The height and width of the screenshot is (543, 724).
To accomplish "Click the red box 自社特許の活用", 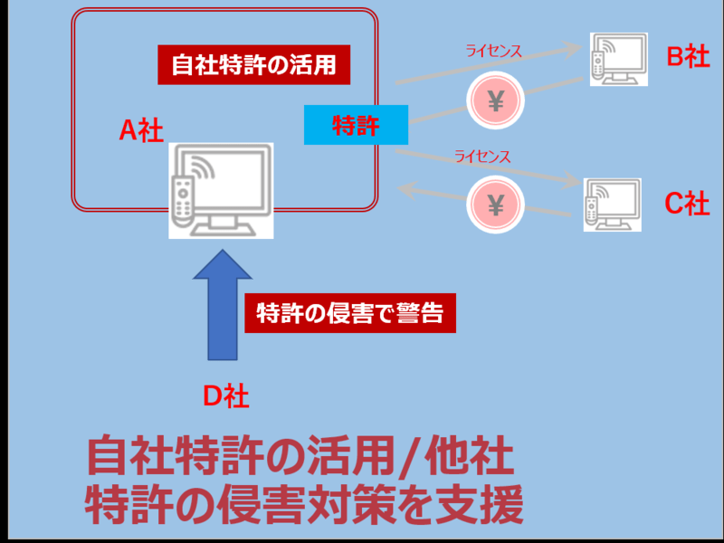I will pos(253,65).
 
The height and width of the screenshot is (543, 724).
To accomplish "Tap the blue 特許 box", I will pos(356,125).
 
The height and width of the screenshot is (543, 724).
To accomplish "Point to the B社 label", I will pos(688,57).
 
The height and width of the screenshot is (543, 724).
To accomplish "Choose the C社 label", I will pos(687,204).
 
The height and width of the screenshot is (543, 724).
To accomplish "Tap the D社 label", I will pos(224,395).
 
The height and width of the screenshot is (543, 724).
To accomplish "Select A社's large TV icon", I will pos(221,190).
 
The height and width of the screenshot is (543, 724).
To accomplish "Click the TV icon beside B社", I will pos(618,60).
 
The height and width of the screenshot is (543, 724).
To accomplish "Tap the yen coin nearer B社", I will pos(495,101).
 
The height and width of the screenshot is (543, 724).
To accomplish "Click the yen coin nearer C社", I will pos(495,205).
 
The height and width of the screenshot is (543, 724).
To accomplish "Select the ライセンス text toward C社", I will pos(482,157).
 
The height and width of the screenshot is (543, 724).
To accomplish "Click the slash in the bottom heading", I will pos(423,459).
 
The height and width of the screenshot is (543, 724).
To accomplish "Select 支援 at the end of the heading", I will pos(479,505).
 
